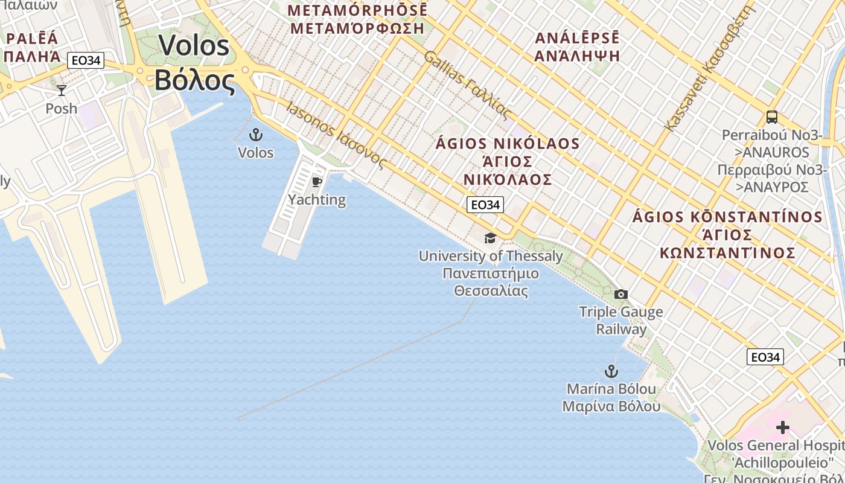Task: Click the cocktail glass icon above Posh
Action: point(62,91)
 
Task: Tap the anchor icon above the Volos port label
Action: point(256,135)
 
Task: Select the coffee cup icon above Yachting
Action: point(316,182)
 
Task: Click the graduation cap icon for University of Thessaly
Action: point(490,238)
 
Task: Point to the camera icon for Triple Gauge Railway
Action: point(620,295)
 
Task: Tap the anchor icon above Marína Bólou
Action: point(611,371)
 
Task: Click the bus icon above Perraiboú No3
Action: point(771,117)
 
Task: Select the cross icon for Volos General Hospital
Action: point(783,428)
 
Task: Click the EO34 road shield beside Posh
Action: point(86,60)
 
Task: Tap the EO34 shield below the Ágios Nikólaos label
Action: point(485,205)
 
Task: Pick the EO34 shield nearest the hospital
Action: point(765,357)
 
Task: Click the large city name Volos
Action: point(194,63)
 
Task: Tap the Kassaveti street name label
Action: point(709,69)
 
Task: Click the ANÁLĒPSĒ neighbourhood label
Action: point(577,46)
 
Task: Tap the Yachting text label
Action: point(316,200)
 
